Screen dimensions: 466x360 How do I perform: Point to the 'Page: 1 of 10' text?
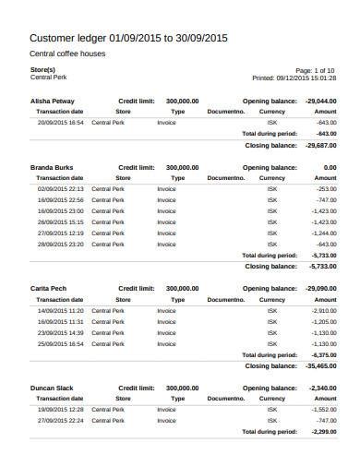[x=316, y=70]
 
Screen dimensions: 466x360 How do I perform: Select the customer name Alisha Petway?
[x=54, y=100]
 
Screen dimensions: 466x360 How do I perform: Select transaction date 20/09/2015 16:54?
[x=61, y=122]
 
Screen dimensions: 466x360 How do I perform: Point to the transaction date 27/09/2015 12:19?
[x=61, y=233]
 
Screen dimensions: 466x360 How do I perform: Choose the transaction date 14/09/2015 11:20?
[x=61, y=311]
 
